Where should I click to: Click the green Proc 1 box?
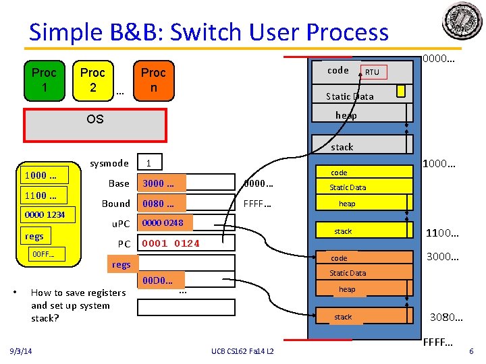click(44, 80)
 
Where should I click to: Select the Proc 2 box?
click(92, 80)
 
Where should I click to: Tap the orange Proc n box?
click(153, 80)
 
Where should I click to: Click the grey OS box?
click(95, 119)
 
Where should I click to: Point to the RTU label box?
click(372, 72)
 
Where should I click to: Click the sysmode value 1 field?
click(149, 163)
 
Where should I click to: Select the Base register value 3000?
click(160, 184)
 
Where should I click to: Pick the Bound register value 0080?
click(160, 204)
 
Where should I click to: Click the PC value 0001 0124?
click(171, 243)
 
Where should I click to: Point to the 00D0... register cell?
click(157, 280)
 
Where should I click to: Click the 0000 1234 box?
click(45, 215)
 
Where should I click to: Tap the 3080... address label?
click(446, 317)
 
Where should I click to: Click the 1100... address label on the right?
click(442, 233)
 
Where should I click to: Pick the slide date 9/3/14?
click(25, 351)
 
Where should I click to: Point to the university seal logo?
click(462, 21)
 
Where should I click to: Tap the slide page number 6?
click(470, 351)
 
